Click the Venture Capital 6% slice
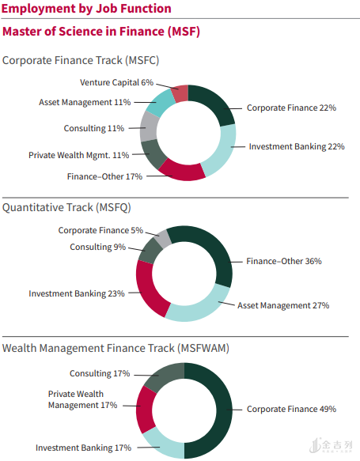pos(180,93)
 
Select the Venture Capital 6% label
pos(116,82)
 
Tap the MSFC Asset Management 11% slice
pos(161,103)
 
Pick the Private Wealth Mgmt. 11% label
pos(79,155)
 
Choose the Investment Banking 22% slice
pos(224,151)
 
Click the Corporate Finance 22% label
pos(291,108)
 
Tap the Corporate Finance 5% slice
pos(163,238)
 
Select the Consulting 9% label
pos(97,247)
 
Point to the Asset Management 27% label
pos(283,305)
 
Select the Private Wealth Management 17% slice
pos(145,410)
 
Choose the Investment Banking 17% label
pos(84,448)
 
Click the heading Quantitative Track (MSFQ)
pos(66,207)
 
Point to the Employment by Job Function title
pos(86,9)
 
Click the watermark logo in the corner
pos(331,445)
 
